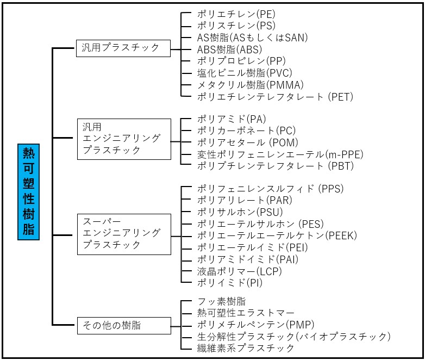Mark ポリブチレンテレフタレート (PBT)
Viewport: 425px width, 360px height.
[x=275, y=166]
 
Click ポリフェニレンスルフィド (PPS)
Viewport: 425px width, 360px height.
[x=270, y=189]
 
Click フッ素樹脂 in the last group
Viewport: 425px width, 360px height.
[x=221, y=301]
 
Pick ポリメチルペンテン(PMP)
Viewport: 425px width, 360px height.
[x=248, y=325]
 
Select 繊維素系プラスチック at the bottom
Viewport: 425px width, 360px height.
[x=246, y=348]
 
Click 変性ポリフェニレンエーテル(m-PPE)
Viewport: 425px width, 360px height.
[x=280, y=154]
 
